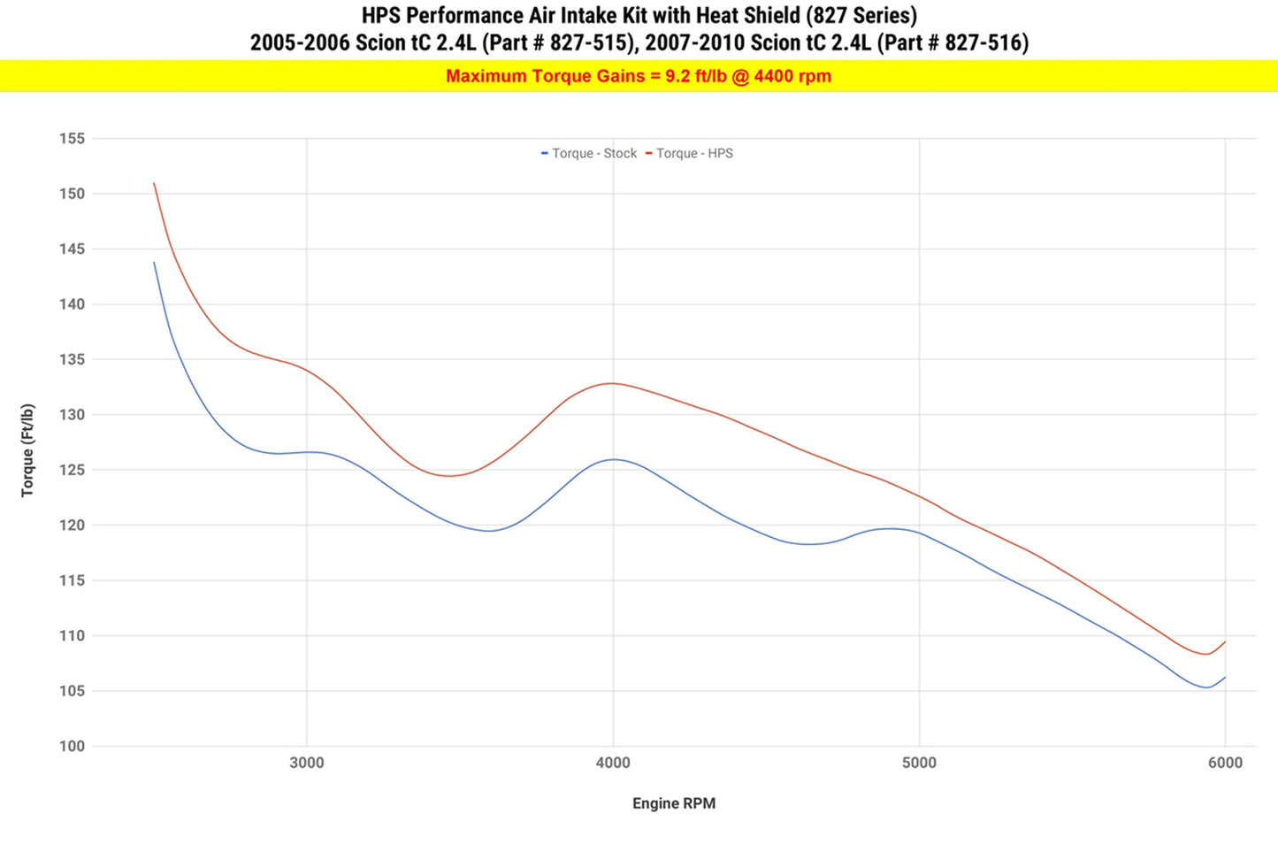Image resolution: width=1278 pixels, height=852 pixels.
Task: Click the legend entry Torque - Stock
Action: coord(593,153)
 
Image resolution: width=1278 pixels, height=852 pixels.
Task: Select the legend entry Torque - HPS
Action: coord(693,153)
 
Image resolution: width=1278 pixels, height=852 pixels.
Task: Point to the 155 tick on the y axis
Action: coord(72,138)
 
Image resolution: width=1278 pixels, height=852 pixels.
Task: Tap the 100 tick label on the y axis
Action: coord(72,746)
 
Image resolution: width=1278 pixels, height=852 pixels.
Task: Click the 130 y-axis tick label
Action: coord(72,415)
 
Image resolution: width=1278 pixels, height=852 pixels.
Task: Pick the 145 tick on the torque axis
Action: coord(72,249)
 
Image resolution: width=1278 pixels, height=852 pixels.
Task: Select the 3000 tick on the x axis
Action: coord(307,763)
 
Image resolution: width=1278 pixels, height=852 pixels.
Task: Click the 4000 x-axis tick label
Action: coord(613,763)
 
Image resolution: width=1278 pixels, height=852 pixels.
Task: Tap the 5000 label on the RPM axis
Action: coord(919,763)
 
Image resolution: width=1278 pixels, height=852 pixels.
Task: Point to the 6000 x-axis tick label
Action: coord(1225,763)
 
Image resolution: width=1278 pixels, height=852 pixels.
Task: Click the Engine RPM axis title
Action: coord(674,803)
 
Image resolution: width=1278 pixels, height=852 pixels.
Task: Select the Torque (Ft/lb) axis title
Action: coord(28,449)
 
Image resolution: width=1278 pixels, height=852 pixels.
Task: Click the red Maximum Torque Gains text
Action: coord(639,76)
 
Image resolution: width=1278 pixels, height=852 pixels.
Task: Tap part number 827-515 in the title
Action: coord(591,42)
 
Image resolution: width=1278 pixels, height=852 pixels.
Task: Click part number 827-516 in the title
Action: coord(985,42)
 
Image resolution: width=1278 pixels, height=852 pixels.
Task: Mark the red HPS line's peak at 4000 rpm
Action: coord(612,383)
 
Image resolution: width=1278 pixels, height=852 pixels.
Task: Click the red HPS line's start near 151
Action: coord(155,184)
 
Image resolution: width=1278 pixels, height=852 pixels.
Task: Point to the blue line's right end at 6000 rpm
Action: coord(1225,678)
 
